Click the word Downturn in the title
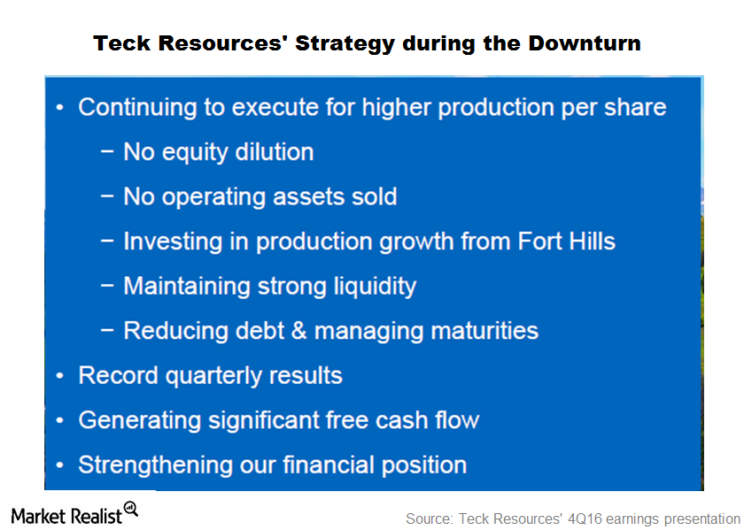[x=584, y=43]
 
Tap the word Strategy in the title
[x=345, y=44]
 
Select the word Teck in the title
[x=122, y=43]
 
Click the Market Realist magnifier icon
[x=131, y=509]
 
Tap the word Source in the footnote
[x=430, y=518]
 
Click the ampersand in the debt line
[x=299, y=330]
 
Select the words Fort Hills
[x=567, y=241]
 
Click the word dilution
[x=275, y=151]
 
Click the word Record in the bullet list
[x=118, y=375]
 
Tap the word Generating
[x=140, y=421]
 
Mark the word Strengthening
[x=155, y=465]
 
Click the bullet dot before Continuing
[x=60, y=108]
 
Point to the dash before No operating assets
[x=107, y=196]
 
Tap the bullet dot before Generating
[x=60, y=420]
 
